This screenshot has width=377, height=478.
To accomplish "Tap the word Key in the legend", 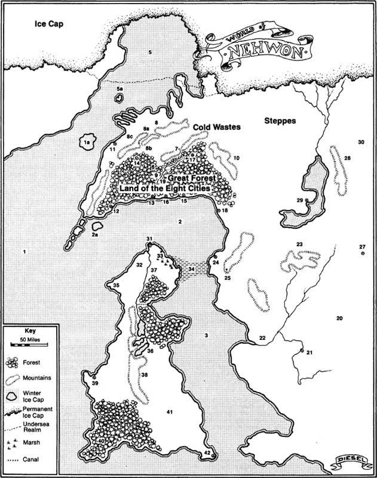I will click(30, 330).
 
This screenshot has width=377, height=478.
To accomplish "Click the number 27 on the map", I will click(361, 247).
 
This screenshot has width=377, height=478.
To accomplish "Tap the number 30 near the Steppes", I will click(360, 142).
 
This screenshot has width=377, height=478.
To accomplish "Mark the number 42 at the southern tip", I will click(207, 453).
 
